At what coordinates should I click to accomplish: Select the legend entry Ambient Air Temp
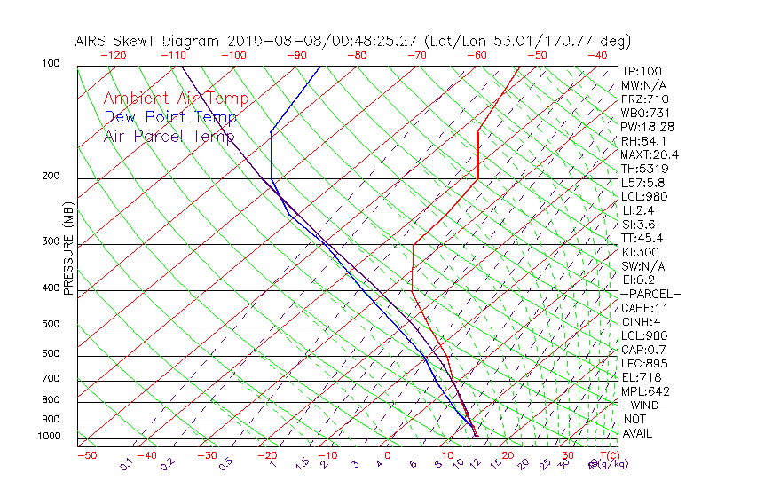176,99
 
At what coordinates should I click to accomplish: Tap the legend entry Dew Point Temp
170,117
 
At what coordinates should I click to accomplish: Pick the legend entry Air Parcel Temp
169,136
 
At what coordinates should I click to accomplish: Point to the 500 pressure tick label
50,326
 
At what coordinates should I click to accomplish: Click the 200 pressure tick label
50,177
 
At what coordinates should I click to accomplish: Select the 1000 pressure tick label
47,437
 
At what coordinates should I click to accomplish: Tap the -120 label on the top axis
113,55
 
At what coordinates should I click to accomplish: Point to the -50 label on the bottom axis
86,456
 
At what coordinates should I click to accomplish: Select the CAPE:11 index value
643,308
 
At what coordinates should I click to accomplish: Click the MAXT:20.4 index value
644,154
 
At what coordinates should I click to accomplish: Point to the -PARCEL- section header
651,294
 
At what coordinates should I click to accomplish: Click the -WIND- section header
645,405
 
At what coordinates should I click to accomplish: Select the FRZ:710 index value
645,99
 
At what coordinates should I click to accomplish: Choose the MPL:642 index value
644,391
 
